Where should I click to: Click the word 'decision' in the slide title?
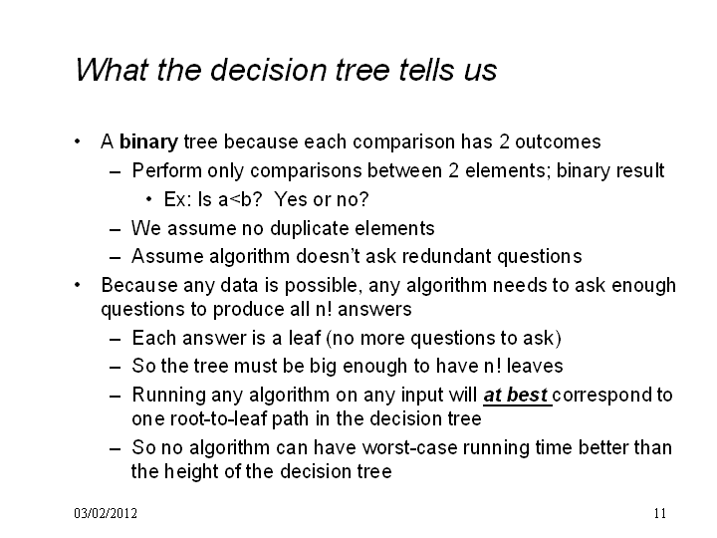tap(269, 71)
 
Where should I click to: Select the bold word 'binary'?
tap(148, 142)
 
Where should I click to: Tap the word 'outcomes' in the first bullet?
tap(558, 141)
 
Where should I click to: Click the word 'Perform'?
tap(167, 170)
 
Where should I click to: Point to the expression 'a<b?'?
tap(241, 199)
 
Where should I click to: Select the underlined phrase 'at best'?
tap(516, 395)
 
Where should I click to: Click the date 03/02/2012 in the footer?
tap(106, 513)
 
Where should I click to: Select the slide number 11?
tap(660, 513)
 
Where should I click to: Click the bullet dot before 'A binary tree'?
tap(78, 141)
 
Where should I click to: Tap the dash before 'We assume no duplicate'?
tap(116, 229)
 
